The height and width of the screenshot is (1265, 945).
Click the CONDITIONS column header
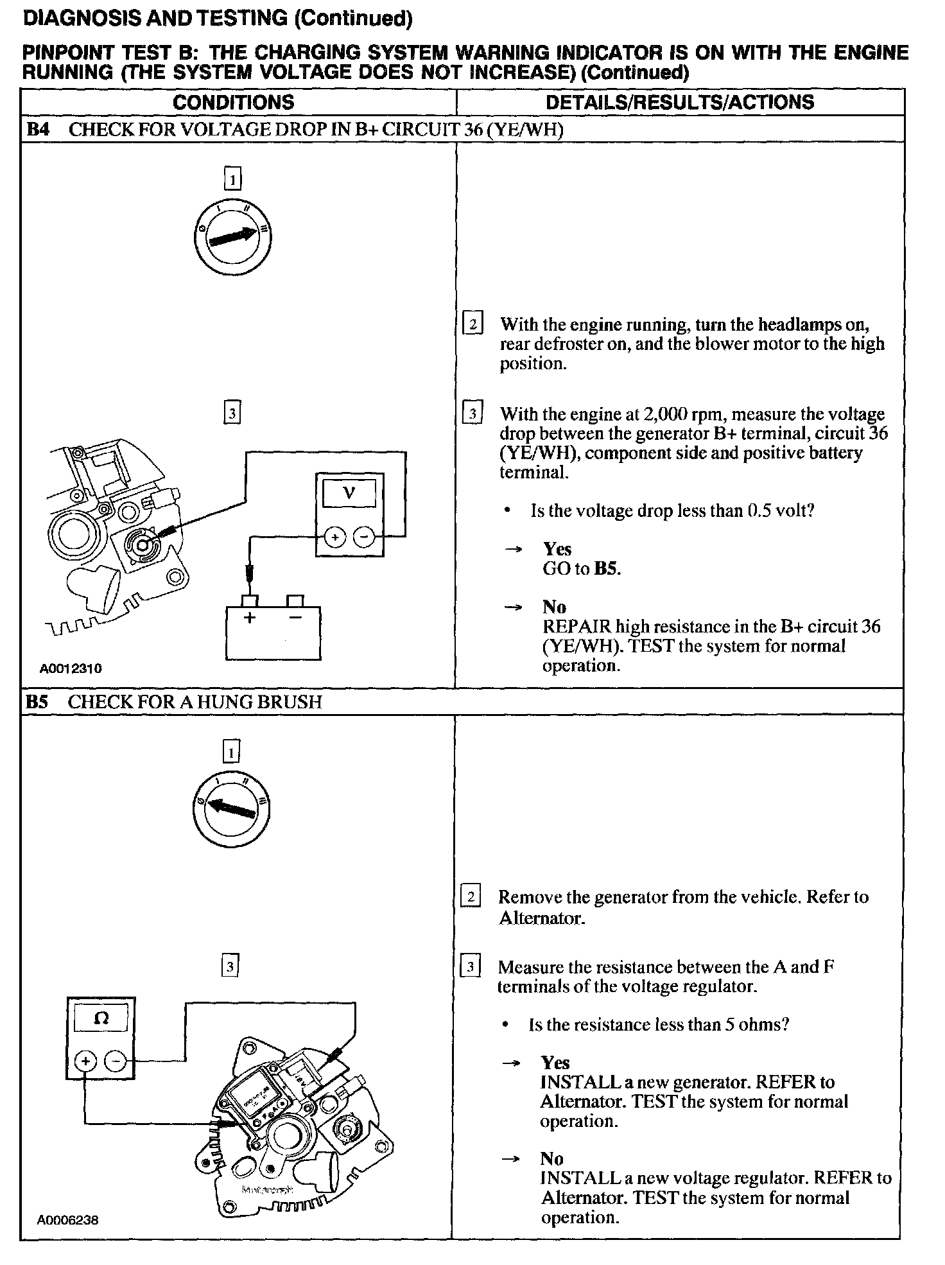(234, 103)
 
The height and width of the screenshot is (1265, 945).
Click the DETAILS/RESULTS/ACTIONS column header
(679, 103)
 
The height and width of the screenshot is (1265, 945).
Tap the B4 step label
(37, 130)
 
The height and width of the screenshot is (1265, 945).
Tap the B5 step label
(37, 702)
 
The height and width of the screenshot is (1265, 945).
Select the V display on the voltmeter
(349, 494)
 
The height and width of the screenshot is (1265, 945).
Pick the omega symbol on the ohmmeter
(101, 1018)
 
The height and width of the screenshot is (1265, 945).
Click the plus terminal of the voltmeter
(334, 536)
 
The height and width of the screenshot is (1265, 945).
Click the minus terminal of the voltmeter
(364, 536)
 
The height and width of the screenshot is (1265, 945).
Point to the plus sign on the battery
(250, 618)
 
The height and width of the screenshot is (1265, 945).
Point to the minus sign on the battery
(295, 618)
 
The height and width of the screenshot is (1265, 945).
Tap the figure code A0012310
(71, 668)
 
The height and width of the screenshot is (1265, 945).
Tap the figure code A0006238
(67, 1220)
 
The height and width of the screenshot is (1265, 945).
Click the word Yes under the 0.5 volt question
(557, 549)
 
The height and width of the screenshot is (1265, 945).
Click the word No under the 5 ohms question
(551, 1159)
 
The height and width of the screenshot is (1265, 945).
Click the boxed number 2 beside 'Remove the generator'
(471, 896)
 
